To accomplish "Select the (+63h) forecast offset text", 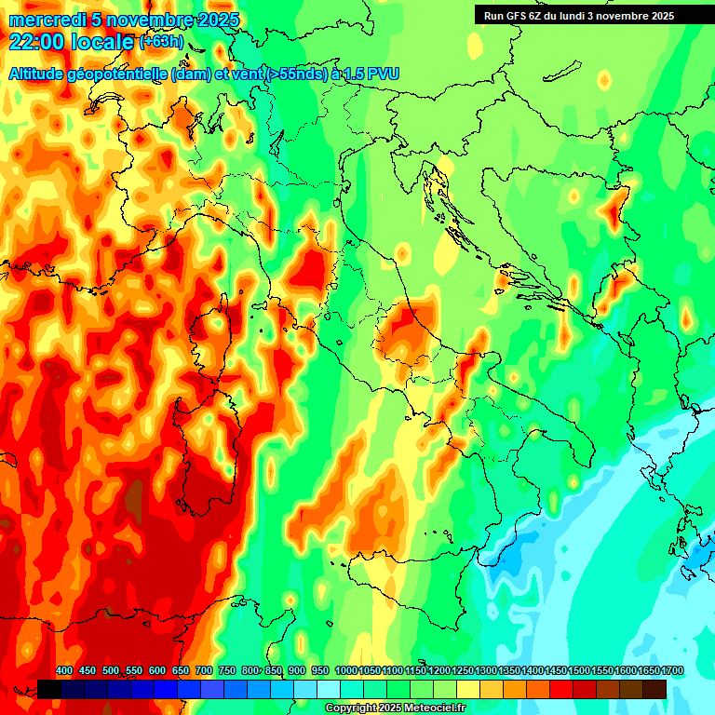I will coord(161,42).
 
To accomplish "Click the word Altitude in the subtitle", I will coord(43,74).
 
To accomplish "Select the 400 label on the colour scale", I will coord(64,670).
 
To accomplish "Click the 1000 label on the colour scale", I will coord(345,670).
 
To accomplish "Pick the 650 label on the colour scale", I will coord(181,670).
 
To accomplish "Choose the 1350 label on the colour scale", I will coord(509,670).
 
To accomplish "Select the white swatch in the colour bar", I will coord(329,689).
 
